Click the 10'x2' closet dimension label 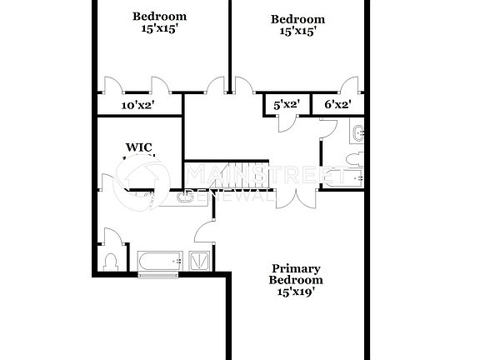point(138,105)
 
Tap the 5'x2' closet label point(286,105)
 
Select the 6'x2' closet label point(337,105)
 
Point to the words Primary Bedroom point(296,274)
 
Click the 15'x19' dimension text point(296,292)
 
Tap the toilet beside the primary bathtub point(111,261)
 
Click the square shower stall point(201,261)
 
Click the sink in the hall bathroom point(357,132)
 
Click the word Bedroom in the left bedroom point(160,16)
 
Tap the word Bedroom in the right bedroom point(297,19)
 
